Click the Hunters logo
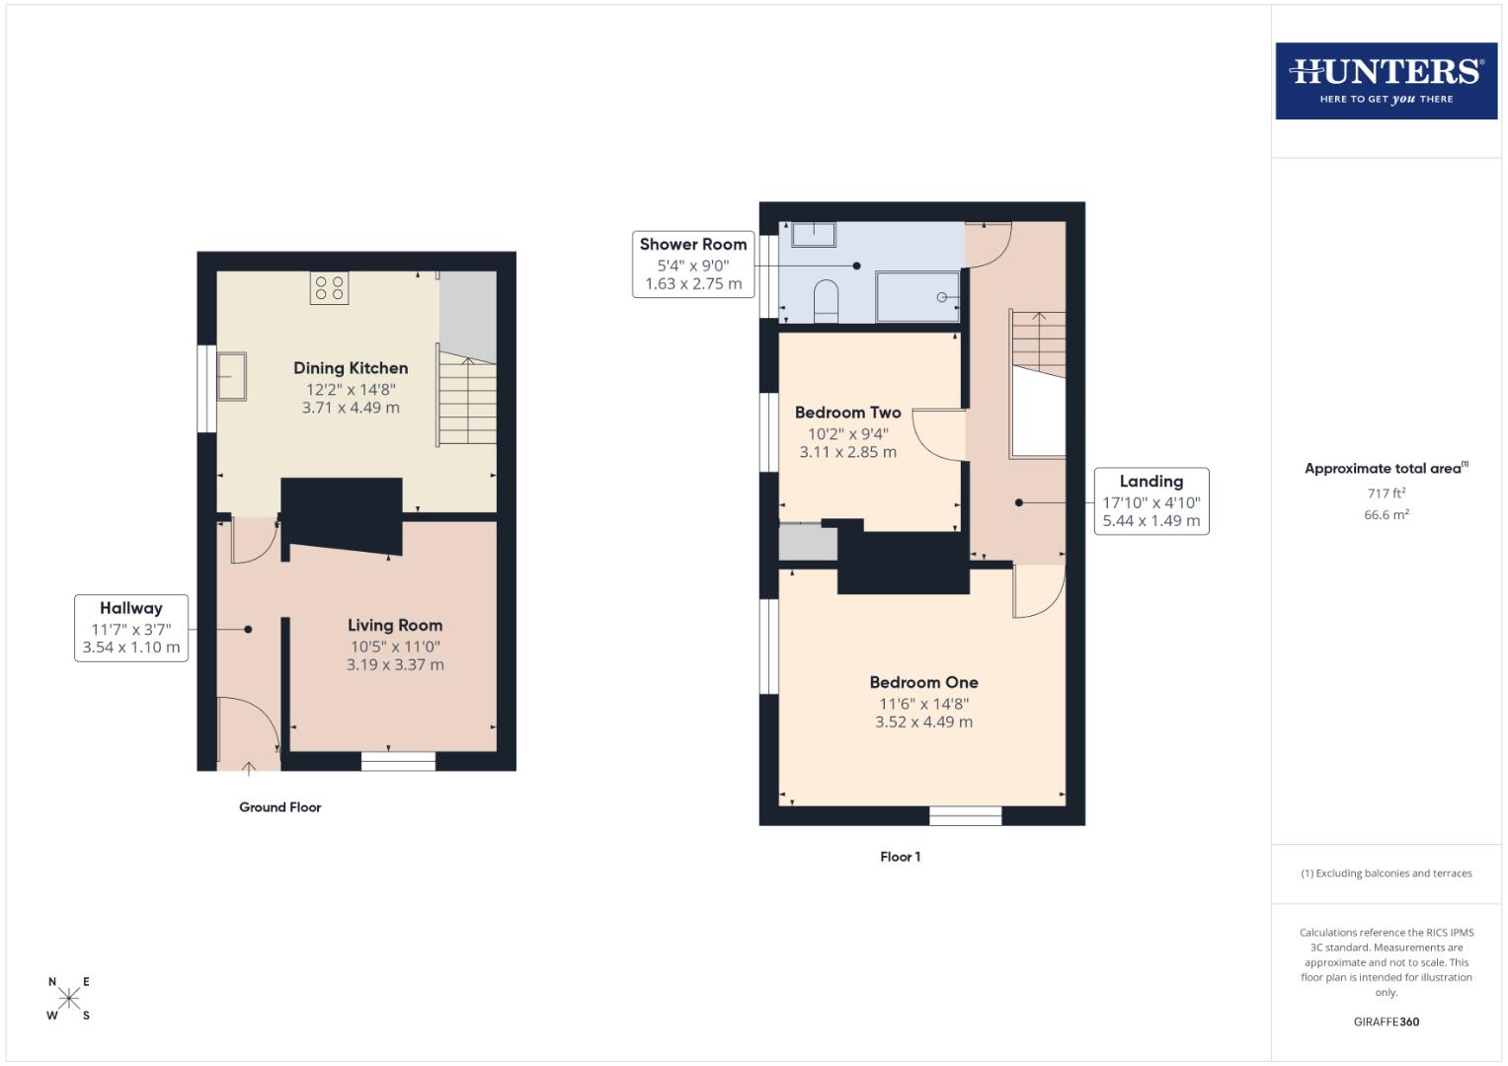pos(1386,81)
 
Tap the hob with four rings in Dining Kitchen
pos(330,287)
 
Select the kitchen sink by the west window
pos(233,377)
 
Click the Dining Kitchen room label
pos(351,368)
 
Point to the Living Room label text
pos(395,625)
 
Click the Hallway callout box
pos(131,628)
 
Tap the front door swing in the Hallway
pos(248,725)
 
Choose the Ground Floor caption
pos(279,807)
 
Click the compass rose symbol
pos(69,998)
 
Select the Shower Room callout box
pos(693,264)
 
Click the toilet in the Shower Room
pos(826,300)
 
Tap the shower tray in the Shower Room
pos(917,297)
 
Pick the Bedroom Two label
pos(847,413)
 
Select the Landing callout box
pos(1151,501)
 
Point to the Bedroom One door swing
pos(1039,591)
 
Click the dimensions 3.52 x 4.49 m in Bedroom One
pos(923,723)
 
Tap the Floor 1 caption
pos(900,857)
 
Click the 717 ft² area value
pos(1386,494)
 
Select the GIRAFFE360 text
pos(1386,1022)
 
